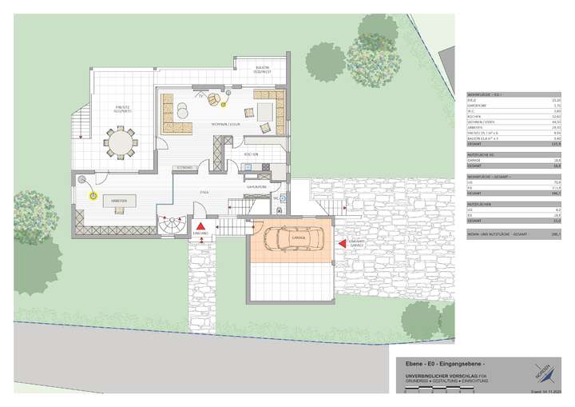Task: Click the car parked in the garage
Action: click(291, 239)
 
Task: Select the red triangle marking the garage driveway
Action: click(342, 241)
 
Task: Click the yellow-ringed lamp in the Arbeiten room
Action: click(93, 194)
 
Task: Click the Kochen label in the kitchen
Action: click(250, 153)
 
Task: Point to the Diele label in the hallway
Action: click(204, 193)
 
